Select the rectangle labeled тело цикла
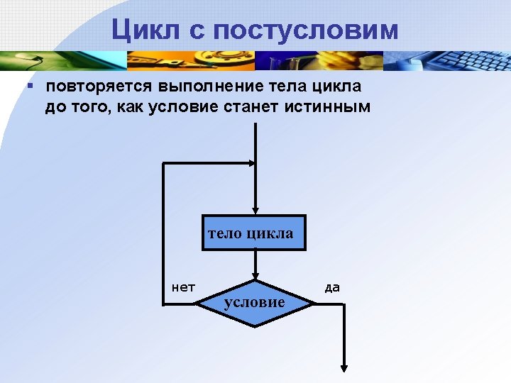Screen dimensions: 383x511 [x=254, y=233]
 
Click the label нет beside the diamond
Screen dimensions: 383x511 [x=184, y=287]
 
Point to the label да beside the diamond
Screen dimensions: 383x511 [x=332, y=287]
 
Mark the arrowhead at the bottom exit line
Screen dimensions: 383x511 [x=344, y=367]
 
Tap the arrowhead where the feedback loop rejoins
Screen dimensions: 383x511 [x=249, y=164]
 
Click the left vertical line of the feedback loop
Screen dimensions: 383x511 [x=164, y=234]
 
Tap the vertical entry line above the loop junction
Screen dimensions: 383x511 [x=255, y=142]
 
